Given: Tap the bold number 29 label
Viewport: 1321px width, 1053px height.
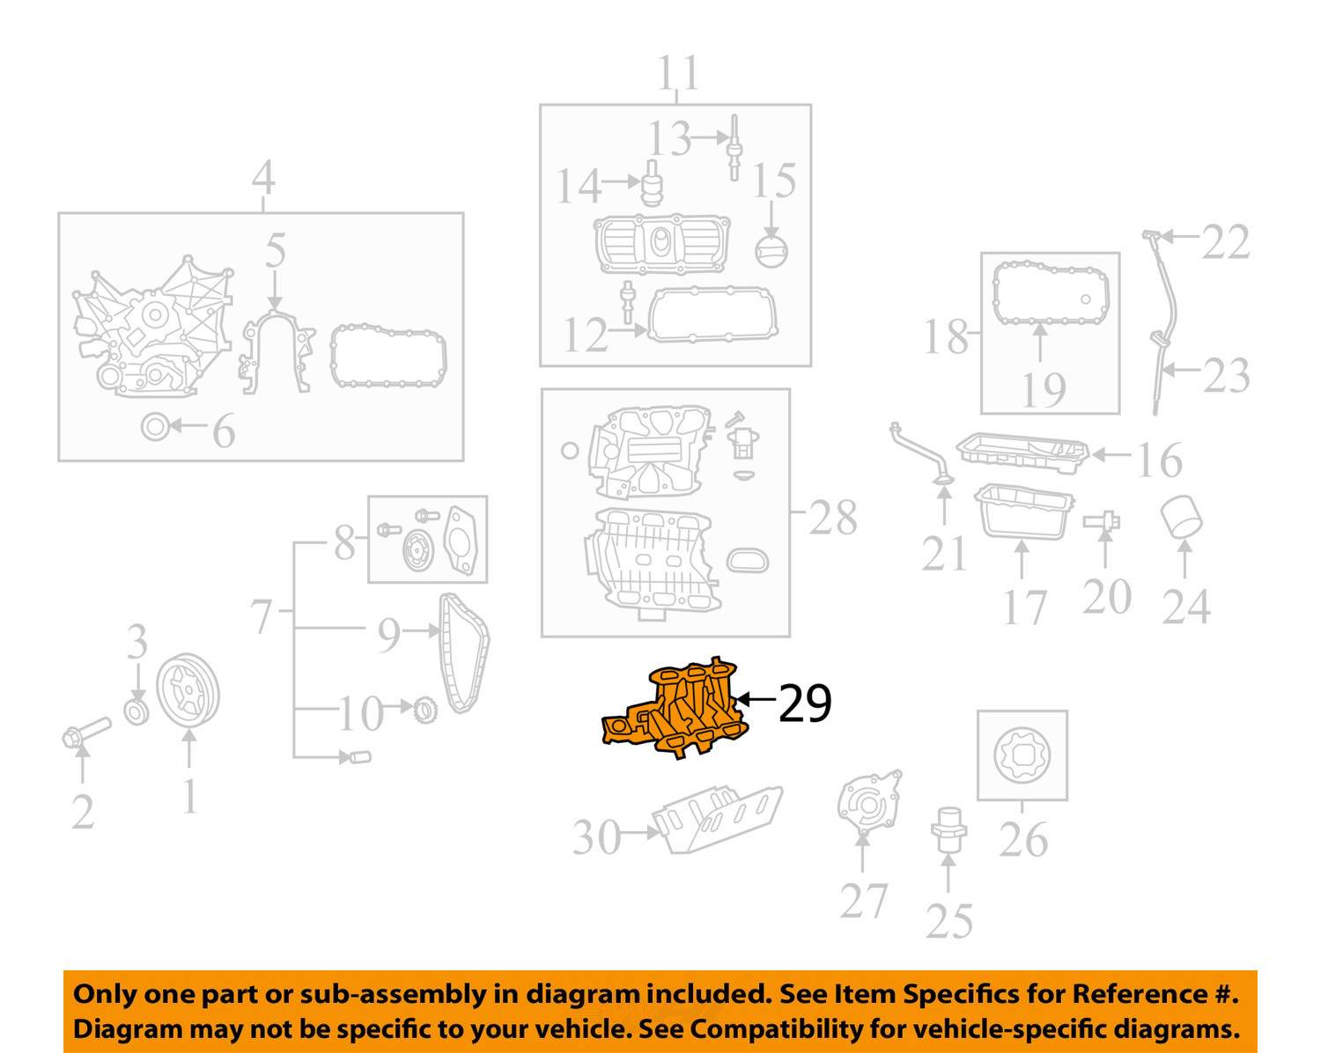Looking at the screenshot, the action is point(805,703).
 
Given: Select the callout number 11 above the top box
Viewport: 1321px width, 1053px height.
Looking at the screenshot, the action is point(678,72).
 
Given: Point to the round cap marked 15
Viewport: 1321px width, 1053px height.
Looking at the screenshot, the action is point(771,250).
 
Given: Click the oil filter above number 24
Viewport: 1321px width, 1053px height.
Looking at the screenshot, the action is point(1181,518).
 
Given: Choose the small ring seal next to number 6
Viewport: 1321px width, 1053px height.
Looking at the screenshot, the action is point(154,427).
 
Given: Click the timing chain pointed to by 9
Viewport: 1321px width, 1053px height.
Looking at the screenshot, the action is point(463,652).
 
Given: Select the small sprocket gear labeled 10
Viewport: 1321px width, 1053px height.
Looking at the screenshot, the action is point(424,710).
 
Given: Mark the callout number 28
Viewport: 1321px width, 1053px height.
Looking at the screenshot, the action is point(832,518).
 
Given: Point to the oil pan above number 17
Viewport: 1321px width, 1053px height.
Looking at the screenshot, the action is point(1023,512).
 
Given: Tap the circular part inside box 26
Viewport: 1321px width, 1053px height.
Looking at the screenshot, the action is point(1022,755).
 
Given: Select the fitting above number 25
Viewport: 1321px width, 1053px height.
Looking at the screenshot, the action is point(948,830).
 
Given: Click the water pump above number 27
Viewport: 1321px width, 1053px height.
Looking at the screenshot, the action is point(869,803).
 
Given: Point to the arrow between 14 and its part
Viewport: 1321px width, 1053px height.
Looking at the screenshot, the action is point(621,181).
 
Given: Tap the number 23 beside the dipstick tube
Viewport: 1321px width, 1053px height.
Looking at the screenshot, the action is point(1226,376).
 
